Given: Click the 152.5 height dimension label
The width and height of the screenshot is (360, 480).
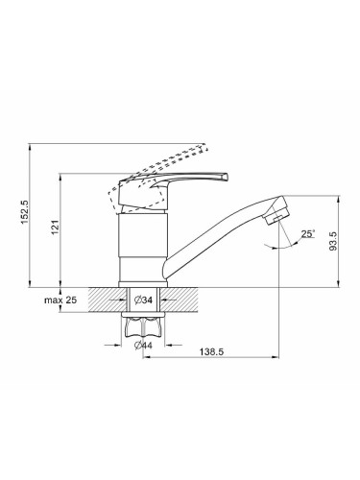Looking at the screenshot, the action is (x=25, y=212).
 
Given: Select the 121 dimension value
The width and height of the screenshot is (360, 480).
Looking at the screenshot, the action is (x=56, y=228).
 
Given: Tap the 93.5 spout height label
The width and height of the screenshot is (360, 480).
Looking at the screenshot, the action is (x=333, y=241).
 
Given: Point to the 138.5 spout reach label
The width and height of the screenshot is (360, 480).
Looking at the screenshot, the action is (x=211, y=351).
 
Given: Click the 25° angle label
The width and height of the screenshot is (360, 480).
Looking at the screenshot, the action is (x=308, y=233).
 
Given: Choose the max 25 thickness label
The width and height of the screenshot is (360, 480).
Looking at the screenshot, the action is (x=60, y=300).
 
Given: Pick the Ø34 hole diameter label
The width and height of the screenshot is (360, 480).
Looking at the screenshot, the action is (x=143, y=300).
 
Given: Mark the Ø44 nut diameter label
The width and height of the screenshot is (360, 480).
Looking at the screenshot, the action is (x=143, y=346).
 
